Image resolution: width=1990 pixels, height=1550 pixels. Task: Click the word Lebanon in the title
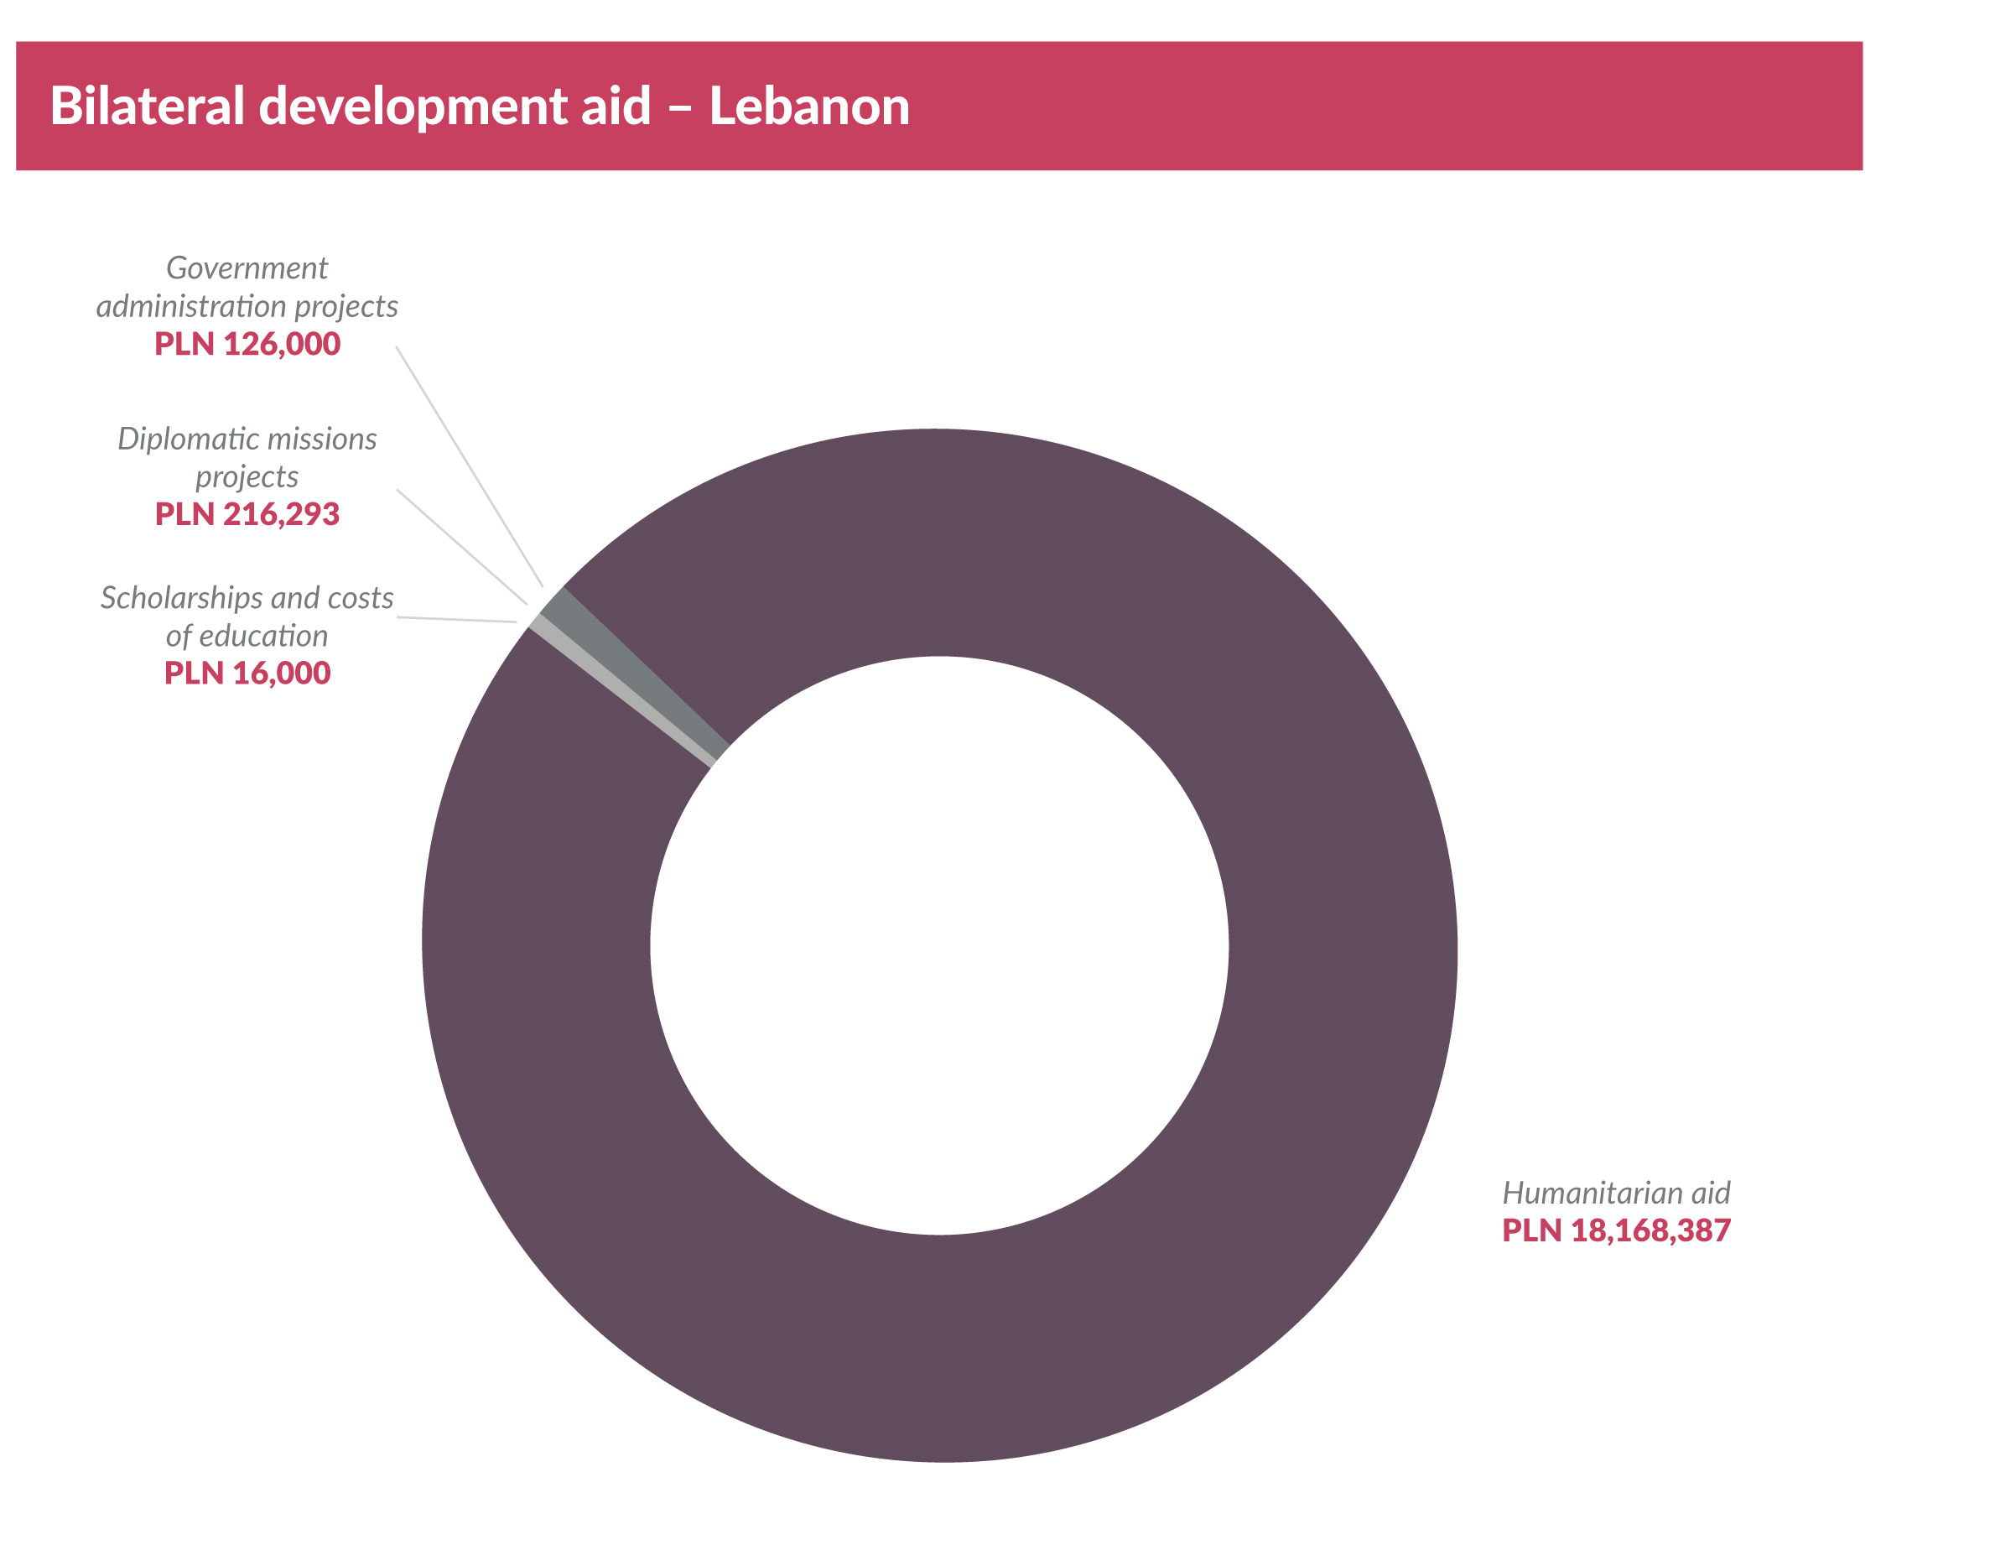coord(809,106)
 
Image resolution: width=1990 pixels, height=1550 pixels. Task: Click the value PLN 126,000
coord(247,345)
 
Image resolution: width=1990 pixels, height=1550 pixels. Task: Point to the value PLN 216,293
coord(247,515)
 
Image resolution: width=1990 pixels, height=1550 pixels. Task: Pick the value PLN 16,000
coord(247,674)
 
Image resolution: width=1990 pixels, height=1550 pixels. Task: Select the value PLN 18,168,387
coord(1615,1231)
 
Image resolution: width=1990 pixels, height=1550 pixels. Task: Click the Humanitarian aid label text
coord(1615,1193)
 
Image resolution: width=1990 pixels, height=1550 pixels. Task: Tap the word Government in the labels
coord(247,268)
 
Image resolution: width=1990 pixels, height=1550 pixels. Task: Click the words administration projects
coord(247,306)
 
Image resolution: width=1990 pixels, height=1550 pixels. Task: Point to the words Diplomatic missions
coord(247,440)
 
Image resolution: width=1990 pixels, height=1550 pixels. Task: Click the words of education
coord(247,636)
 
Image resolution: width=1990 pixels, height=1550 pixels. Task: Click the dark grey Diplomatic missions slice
coord(638,674)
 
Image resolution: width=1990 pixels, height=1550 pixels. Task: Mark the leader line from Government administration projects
coord(470,466)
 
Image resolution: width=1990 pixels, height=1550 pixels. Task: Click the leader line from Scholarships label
coord(455,620)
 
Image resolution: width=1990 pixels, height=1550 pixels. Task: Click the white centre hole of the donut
coord(938,945)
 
